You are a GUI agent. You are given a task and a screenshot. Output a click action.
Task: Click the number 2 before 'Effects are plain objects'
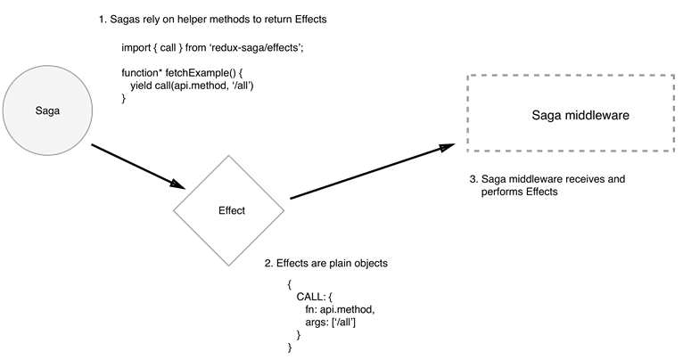(268, 264)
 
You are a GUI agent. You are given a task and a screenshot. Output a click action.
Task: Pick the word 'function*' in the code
(143, 71)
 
